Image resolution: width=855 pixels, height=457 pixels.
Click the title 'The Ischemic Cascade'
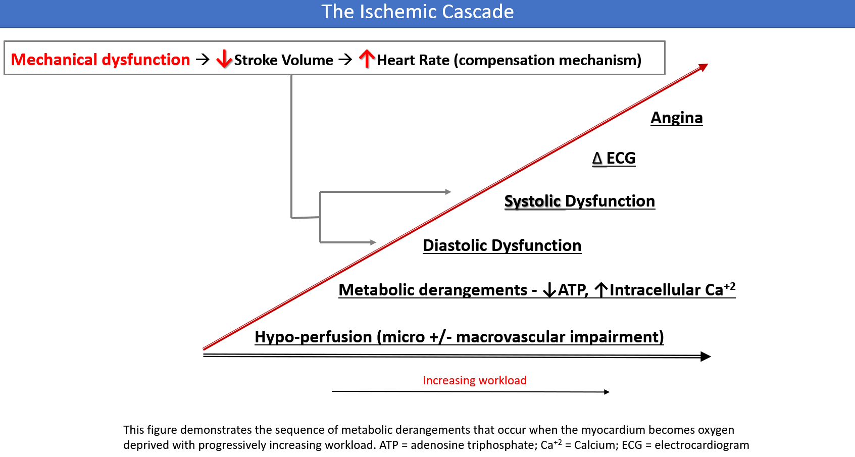click(418, 12)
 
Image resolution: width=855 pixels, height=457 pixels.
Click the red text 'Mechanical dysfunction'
click(100, 60)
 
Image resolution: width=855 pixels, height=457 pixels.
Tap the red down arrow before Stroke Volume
click(224, 60)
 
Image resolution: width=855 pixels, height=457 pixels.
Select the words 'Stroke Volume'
click(284, 60)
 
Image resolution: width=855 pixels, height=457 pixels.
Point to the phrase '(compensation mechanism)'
click(547, 60)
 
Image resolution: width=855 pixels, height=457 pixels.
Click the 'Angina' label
click(676, 118)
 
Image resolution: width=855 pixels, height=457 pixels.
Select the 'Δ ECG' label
click(614, 158)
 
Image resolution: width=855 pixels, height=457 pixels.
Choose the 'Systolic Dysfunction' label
click(579, 201)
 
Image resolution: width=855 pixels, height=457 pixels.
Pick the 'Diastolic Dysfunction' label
click(502, 245)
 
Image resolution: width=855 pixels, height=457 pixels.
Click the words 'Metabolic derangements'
click(433, 290)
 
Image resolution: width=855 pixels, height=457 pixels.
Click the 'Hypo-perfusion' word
click(314, 337)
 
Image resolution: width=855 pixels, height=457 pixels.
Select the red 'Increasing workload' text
click(474, 380)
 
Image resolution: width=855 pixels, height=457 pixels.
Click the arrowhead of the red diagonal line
click(703, 67)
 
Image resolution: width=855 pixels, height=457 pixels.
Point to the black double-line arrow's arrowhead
click(706, 356)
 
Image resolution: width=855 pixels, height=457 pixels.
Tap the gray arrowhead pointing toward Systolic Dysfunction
click(448, 192)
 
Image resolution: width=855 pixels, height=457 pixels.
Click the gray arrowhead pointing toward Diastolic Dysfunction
click(373, 242)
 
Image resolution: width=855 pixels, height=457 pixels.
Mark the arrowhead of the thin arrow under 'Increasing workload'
click(607, 392)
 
